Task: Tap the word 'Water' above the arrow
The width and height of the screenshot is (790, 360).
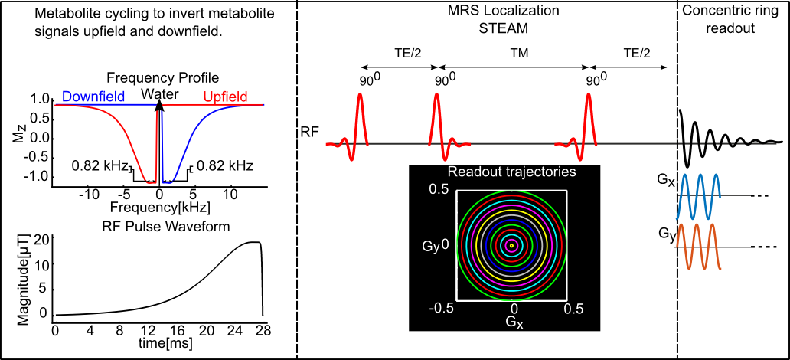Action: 159,94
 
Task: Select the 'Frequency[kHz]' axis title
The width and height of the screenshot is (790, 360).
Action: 159,208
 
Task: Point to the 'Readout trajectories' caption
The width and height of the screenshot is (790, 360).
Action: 511,172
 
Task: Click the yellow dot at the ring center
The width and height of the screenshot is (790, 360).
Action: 511,246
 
